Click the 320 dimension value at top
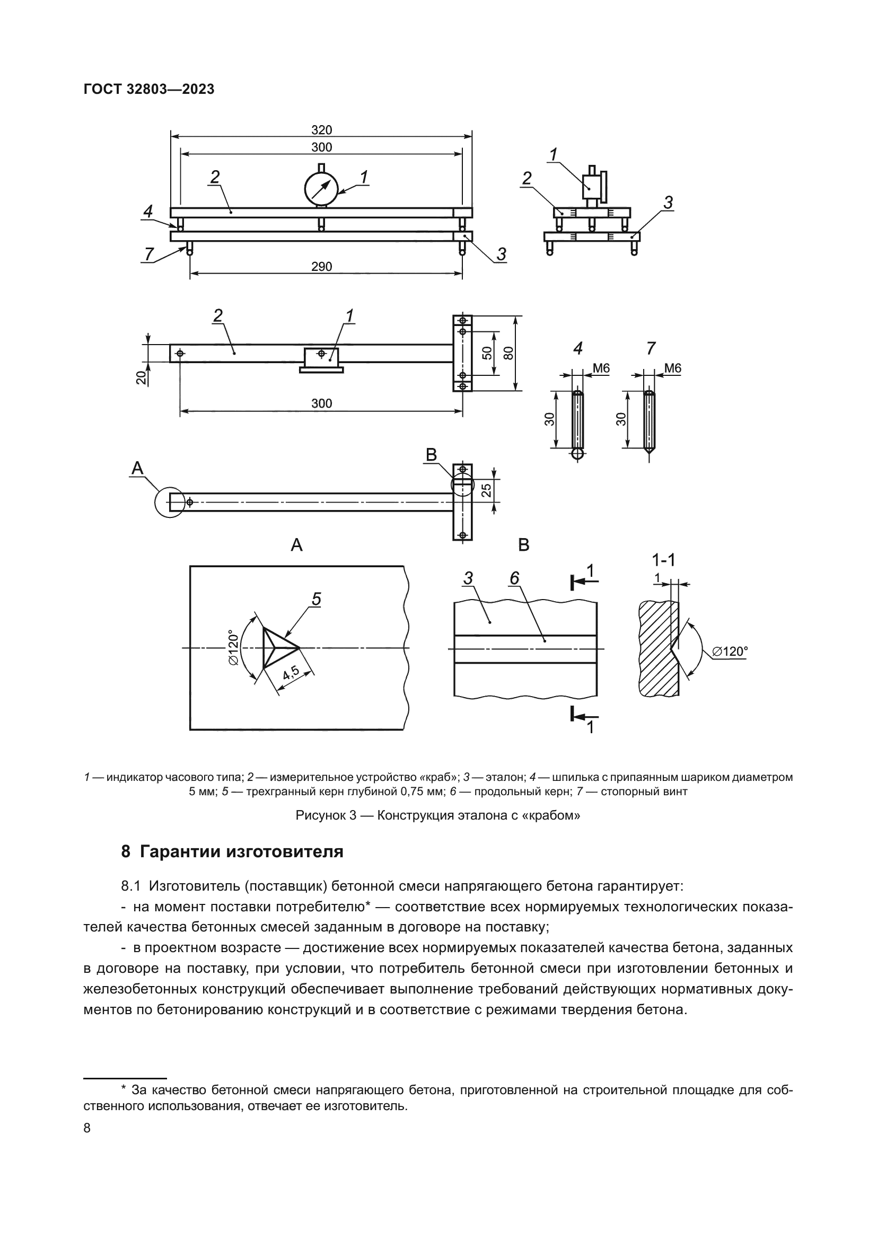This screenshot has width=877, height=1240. pos(321,130)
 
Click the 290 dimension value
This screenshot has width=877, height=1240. pos(321,267)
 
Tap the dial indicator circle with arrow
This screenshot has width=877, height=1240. pos(321,189)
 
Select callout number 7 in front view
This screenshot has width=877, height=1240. pos(149,253)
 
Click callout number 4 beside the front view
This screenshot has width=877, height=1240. pos(148,212)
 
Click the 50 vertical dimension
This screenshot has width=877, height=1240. pos(487,353)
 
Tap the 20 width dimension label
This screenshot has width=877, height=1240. pos(141,377)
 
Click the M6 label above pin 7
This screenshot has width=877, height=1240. pos(672,368)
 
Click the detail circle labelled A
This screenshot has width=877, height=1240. pos(170,502)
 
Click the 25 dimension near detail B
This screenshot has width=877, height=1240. pos(487,490)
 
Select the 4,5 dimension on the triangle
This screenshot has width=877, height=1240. pos(291,673)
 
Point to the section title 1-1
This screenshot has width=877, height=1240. pos(663,560)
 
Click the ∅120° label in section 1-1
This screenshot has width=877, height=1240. pos(730,652)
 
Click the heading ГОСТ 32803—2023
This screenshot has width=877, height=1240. pos(149,90)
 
